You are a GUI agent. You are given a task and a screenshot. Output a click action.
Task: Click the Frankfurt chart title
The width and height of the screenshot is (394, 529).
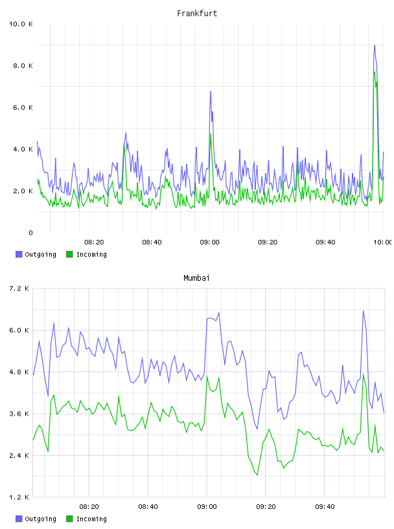[197, 14]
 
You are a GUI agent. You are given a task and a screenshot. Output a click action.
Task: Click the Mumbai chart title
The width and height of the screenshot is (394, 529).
[196, 278]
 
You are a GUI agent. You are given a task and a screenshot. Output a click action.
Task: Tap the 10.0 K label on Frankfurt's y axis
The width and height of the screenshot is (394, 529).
[21, 24]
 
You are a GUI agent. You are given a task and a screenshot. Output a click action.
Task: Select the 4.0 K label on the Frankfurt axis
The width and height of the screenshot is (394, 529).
[23, 149]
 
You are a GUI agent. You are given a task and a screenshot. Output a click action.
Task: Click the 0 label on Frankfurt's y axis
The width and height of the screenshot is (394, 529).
[30, 233]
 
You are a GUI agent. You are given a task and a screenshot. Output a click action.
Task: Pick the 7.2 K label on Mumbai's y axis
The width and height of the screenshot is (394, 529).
[19, 288]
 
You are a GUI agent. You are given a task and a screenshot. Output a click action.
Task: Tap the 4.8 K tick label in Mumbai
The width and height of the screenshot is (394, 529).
[19, 372]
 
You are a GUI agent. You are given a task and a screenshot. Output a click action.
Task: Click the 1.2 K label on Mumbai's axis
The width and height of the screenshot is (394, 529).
[19, 497]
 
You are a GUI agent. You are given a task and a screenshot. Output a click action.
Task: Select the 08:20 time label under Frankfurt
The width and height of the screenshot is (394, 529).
[94, 242]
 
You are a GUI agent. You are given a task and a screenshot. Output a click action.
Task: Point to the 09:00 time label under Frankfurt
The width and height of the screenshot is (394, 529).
[209, 242]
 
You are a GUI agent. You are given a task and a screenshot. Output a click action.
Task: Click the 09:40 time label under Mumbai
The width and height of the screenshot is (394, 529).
[325, 507]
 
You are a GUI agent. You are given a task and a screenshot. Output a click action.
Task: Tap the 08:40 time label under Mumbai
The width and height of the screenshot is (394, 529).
[148, 507]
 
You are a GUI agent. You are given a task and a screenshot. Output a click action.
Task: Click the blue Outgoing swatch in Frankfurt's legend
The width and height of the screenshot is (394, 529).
[19, 254]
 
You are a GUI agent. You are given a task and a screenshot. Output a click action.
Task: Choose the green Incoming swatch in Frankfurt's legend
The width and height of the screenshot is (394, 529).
[69, 254]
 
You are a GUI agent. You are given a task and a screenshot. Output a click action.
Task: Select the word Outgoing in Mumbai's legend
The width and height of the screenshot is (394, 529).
[40, 519]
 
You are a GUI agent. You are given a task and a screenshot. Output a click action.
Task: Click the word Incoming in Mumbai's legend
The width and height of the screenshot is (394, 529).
[91, 519]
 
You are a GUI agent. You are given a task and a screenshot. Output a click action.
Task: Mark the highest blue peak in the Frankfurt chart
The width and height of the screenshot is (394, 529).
[375, 45]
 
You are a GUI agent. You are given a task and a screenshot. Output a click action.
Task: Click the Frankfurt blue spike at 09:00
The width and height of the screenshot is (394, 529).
[211, 92]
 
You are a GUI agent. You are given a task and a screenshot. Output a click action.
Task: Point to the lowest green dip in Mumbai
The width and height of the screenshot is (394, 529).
[257, 475]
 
